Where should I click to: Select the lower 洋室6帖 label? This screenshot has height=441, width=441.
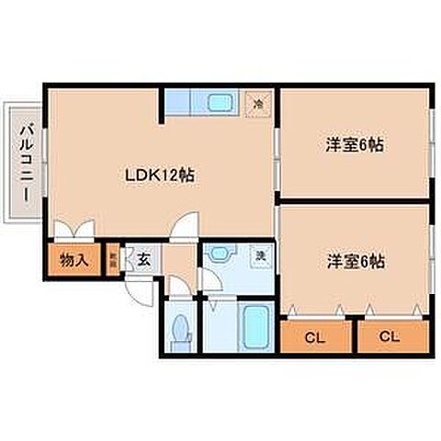coord(354,261)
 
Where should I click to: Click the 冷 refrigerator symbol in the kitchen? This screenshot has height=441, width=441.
coord(259,104)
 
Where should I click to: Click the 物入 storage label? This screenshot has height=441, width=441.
coord(73,260)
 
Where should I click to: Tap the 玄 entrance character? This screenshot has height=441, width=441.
coord(144,259)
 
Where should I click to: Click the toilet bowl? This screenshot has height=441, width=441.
coord(182,329)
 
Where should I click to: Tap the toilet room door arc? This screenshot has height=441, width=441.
coord(181,292)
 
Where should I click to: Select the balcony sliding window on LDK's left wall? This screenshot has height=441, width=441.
coord(43,162)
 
